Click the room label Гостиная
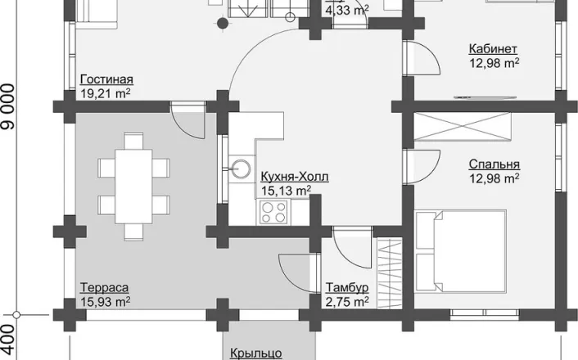(x=106, y=79)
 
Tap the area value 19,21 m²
(x=106, y=93)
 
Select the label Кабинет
(x=493, y=48)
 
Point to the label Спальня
(x=494, y=164)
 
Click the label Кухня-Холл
(x=295, y=177)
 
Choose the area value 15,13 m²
(x=286, y=191)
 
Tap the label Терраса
(x=104, y=287)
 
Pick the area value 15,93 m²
(x=106, y=301)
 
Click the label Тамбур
(x=347, y=287)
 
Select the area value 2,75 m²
(x=347, y=301)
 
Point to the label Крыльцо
(x=256, y=353)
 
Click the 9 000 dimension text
(x=8, y=107)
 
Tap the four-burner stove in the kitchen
(x=273, y=212)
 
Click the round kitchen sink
(x=241, y=169)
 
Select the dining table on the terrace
(x=133, y=186)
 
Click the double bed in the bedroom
(x=461, y=251)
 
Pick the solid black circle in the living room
(x=223, y=23)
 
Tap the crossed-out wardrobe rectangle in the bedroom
(x=463, y=127)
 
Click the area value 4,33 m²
(x=347, y=10)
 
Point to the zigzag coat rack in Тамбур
(x=389, y=273)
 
